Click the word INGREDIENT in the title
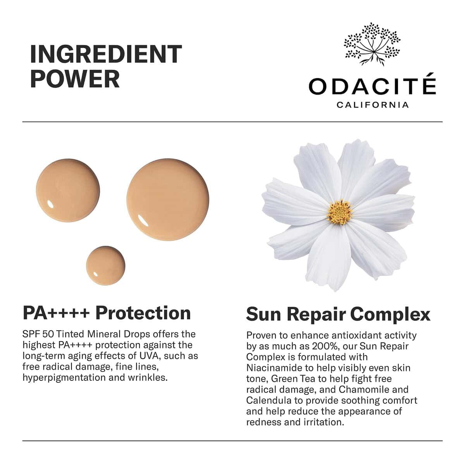coord(106,54)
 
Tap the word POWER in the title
coord(75,79)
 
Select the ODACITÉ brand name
coord(372,86)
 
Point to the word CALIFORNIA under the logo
coord(372,105)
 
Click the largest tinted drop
coord(167,200)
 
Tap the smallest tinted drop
coord(105,265)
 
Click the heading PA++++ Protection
coord(107,313)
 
